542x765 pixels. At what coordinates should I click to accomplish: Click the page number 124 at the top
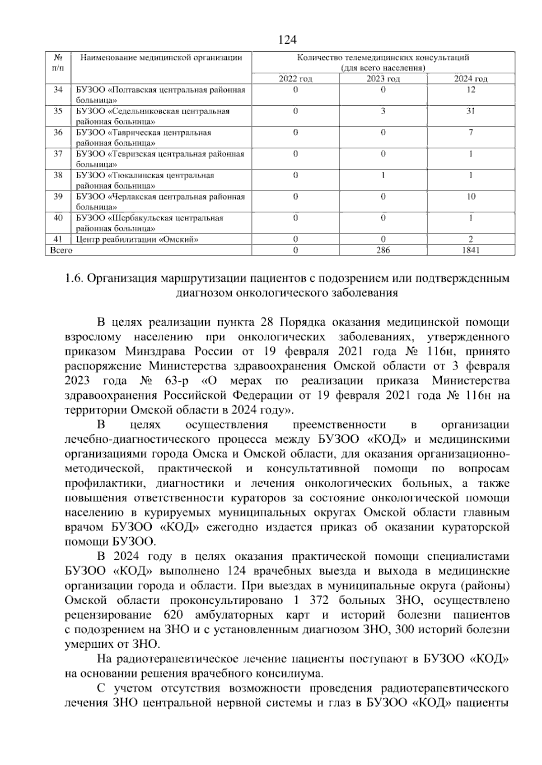(x=287, y=40)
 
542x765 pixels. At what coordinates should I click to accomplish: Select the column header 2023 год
(x=383, y=79)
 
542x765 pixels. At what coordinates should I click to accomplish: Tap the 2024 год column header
(x=470, y=79)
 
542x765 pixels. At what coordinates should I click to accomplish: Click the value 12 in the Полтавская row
(x=470, y=90)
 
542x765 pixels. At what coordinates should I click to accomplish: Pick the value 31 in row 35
(x=470, y=111)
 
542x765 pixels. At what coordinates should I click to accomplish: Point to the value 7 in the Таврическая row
(x=470, y=133)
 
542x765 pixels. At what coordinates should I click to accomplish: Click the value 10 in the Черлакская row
(x=470, y=197)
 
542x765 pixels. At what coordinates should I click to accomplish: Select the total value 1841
(x=470, y=250)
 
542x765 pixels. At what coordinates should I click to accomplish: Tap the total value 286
(x=383, y=250)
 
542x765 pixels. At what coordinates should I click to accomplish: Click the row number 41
(x=58, y=239)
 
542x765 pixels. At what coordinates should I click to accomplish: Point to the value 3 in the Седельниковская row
(x=383, y=111)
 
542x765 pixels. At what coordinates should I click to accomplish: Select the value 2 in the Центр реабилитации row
(x=470, y=239)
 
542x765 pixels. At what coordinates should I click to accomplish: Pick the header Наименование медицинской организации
(x=161, y=58)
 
